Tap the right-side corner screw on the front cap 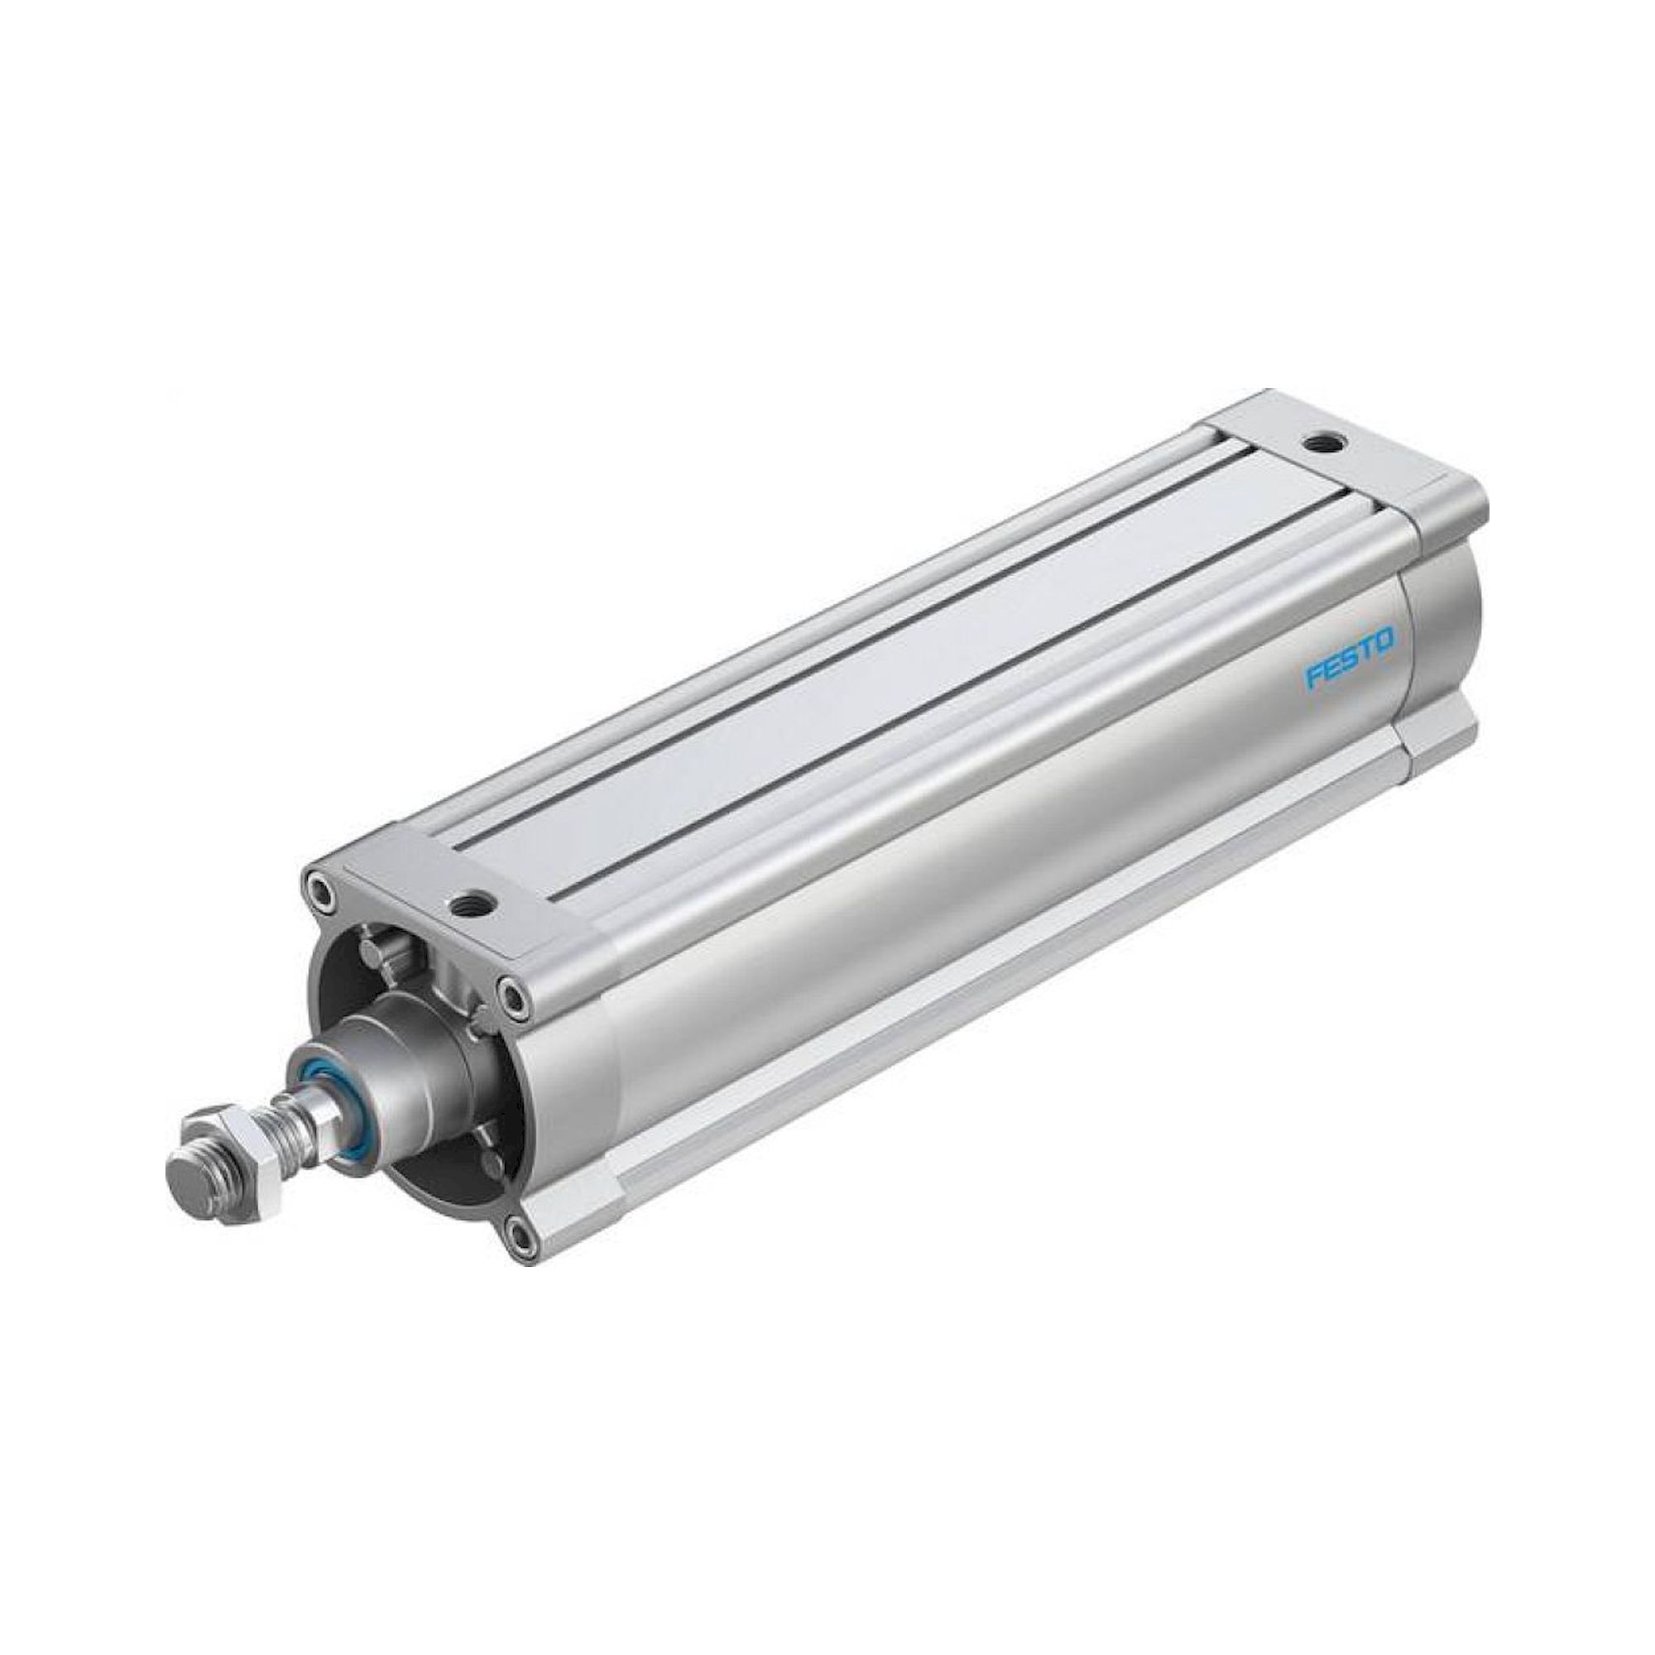[x=514, y=995]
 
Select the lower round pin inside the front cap [x=490, y=1161]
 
